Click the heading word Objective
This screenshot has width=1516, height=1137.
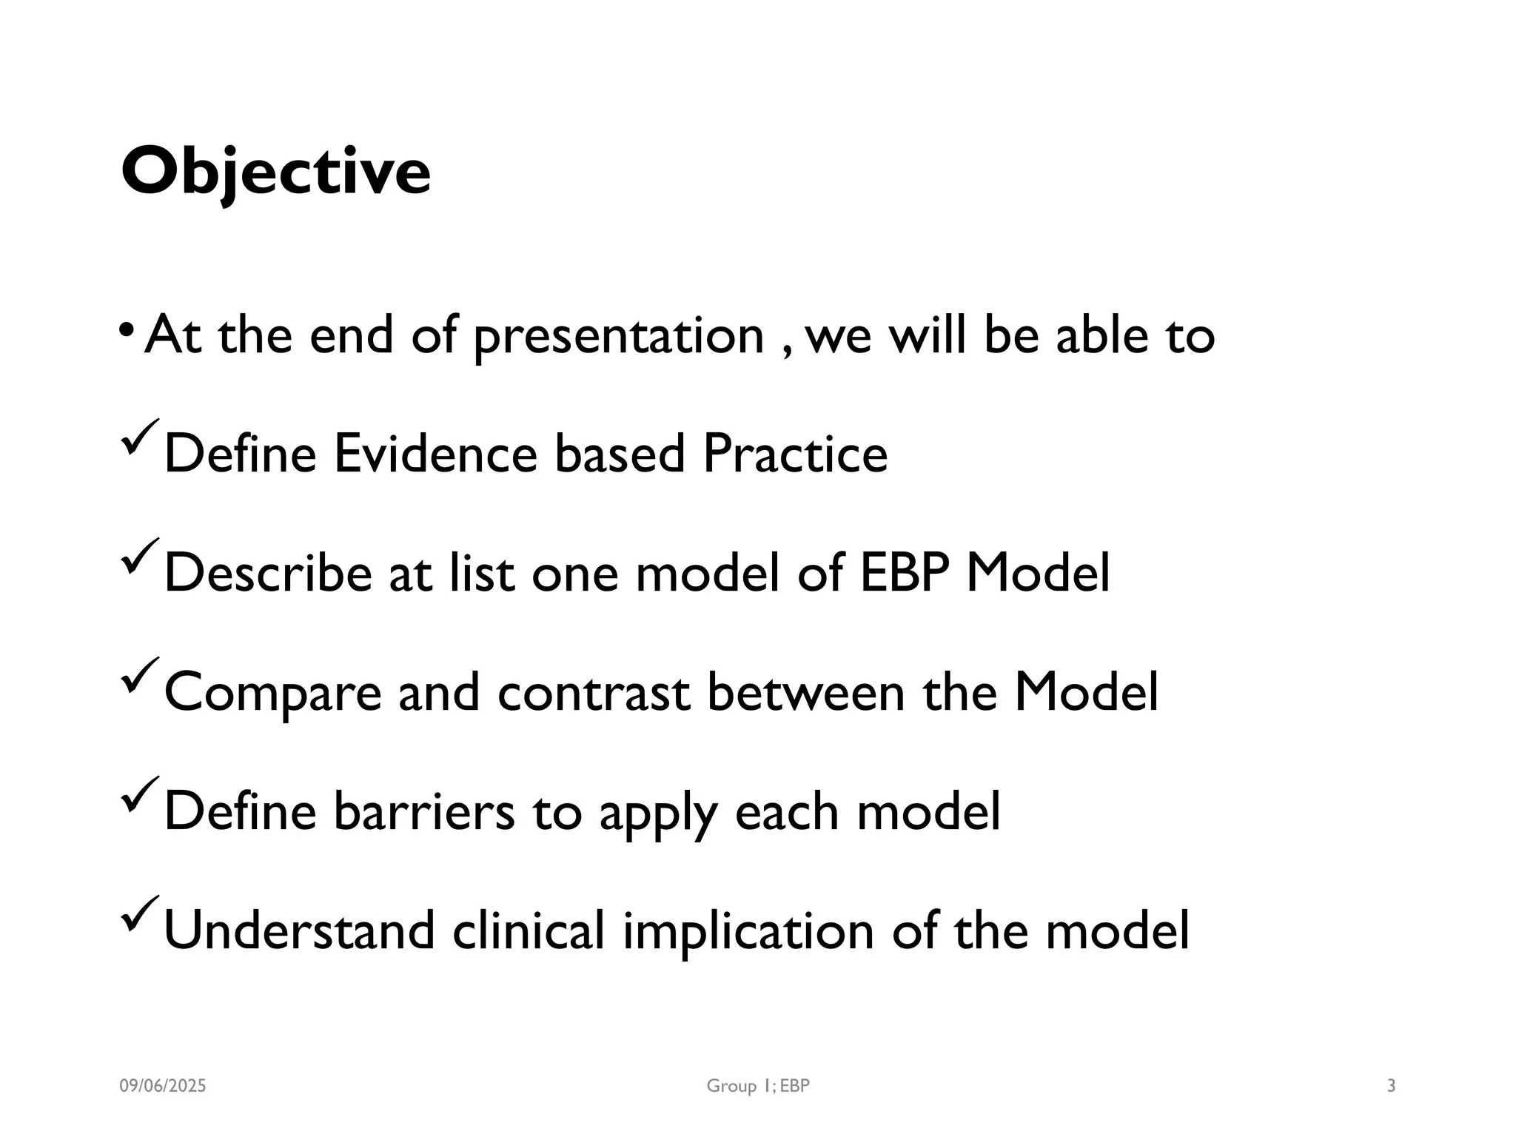tap(275, 172)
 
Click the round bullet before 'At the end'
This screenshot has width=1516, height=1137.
tap(127, 328)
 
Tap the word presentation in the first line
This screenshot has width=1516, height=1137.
tap(618, 337)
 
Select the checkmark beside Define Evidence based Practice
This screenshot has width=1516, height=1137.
tap(139, 436)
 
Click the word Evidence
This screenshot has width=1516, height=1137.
tap(435, 453)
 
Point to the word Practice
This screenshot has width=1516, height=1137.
tap(794, 453)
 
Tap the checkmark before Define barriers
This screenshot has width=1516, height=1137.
tap(139, 794)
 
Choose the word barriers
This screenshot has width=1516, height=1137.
tap(423, 811)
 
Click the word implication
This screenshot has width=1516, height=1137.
tap(748, 931)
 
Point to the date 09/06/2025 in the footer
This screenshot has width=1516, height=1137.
tap(163, 1086)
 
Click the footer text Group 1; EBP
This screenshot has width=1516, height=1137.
tap(758, 1086)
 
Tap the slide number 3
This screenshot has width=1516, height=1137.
tap(1391, 1086)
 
